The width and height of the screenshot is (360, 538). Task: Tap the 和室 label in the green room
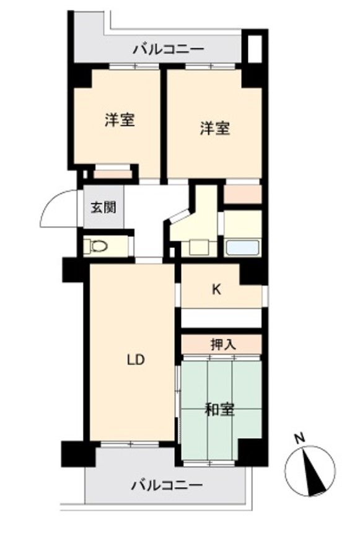219,409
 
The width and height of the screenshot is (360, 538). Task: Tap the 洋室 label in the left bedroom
120,120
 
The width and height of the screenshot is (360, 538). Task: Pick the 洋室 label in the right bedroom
215,128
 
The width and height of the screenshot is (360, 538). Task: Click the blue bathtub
242,248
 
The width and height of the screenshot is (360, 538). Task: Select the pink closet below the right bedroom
242,194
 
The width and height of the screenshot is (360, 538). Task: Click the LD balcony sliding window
130,444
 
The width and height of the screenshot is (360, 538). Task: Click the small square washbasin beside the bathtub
198,247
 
